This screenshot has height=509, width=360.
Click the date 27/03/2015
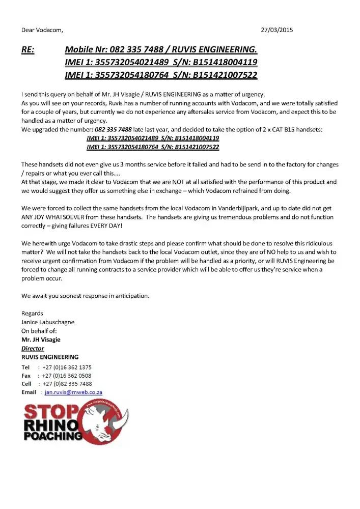(x=276, y=30)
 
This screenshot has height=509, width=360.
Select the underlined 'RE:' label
(x=27, y=50)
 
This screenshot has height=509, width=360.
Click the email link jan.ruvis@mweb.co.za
(x=74, y=392)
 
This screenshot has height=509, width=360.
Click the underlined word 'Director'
(x=33, y=349)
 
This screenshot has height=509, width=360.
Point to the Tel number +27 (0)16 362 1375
(x=67, y=367)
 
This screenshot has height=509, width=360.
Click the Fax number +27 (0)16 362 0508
(x=67, y=375)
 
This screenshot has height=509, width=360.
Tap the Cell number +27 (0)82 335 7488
(x=67, y=384)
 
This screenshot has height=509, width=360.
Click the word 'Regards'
(x=32, y=313)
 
